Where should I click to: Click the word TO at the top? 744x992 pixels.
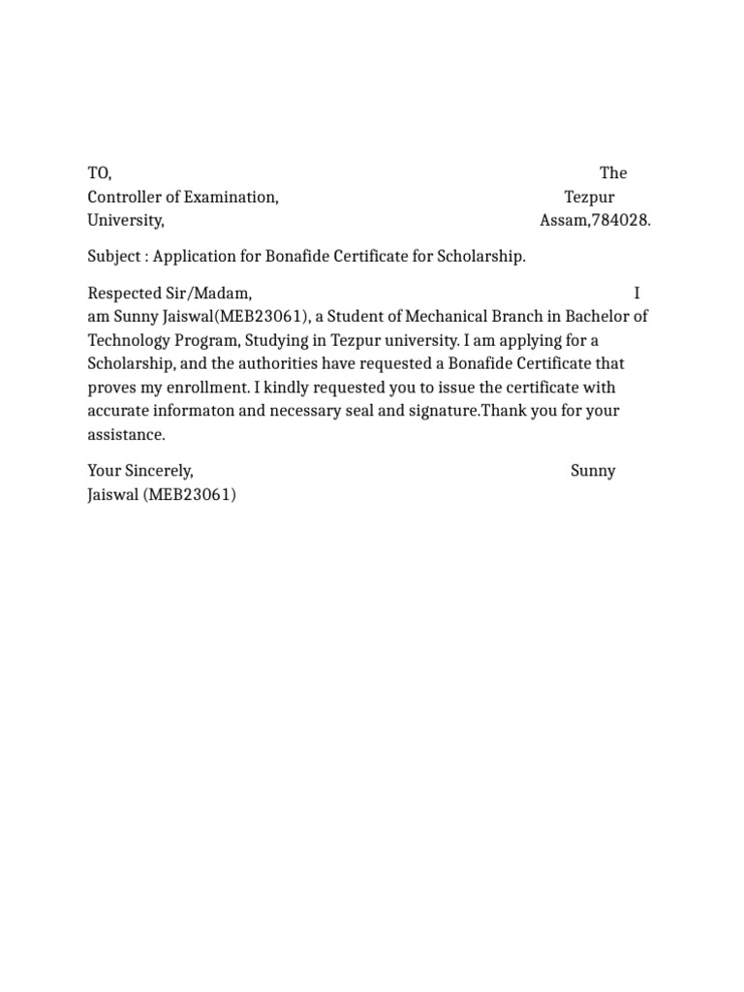pyautogui.click(x=98, y=173)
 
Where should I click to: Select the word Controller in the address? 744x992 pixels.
pyautogui.click(x=122, y=197)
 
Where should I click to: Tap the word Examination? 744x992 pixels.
pyautogui.click(x=236, y=197)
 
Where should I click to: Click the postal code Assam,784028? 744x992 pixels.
pyautogui.click(x=595, y=221)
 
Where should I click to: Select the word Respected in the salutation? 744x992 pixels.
pyautogui.click(x=123, y=293)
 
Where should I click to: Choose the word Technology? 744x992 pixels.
pyautogui.click(x=129, y=340)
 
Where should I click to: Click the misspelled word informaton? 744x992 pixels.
pyautogui.click(x=191, y=411)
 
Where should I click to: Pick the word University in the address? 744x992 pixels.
pyautogui.click(x=126, y=221)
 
